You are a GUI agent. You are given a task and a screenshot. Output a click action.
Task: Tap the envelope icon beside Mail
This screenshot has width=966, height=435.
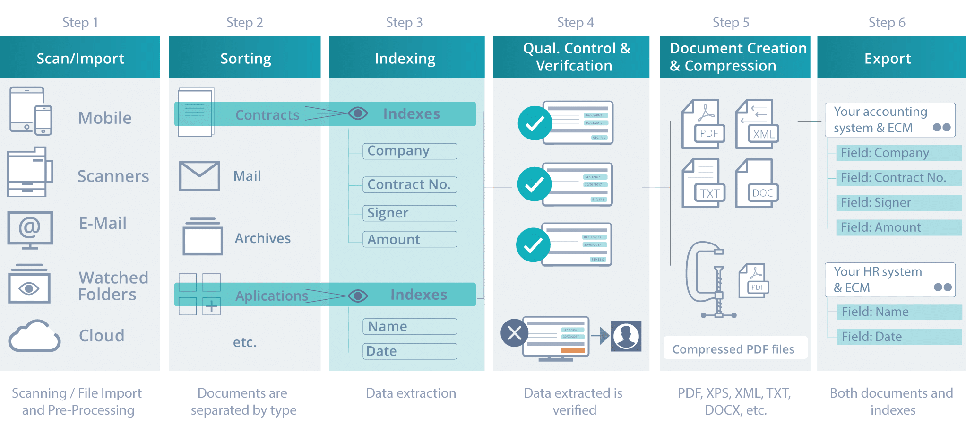199,176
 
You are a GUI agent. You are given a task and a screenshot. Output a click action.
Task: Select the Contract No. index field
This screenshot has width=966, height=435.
409,184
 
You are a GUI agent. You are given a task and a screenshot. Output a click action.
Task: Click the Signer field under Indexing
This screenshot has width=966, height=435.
409,213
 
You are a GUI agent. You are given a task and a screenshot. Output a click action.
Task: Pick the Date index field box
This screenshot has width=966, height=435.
409,351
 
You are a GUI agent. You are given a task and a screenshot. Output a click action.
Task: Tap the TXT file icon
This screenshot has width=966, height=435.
703,183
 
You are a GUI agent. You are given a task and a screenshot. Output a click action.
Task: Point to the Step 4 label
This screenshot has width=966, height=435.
575,22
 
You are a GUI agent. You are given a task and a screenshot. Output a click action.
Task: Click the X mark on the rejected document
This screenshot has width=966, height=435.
514,333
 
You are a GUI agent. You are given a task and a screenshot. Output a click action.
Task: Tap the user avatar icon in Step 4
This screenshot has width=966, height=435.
626,336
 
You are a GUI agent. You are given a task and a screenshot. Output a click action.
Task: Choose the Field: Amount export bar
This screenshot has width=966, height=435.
898,227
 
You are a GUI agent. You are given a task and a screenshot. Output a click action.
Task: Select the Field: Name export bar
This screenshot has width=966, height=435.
898,312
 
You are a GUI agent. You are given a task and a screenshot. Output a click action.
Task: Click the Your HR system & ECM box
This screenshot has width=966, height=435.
889,280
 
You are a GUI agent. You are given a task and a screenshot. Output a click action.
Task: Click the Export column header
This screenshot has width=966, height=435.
888,58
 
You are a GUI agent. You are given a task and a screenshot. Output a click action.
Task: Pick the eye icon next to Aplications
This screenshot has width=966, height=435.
358,296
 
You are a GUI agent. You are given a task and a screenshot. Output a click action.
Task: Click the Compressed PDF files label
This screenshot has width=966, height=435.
733,349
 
